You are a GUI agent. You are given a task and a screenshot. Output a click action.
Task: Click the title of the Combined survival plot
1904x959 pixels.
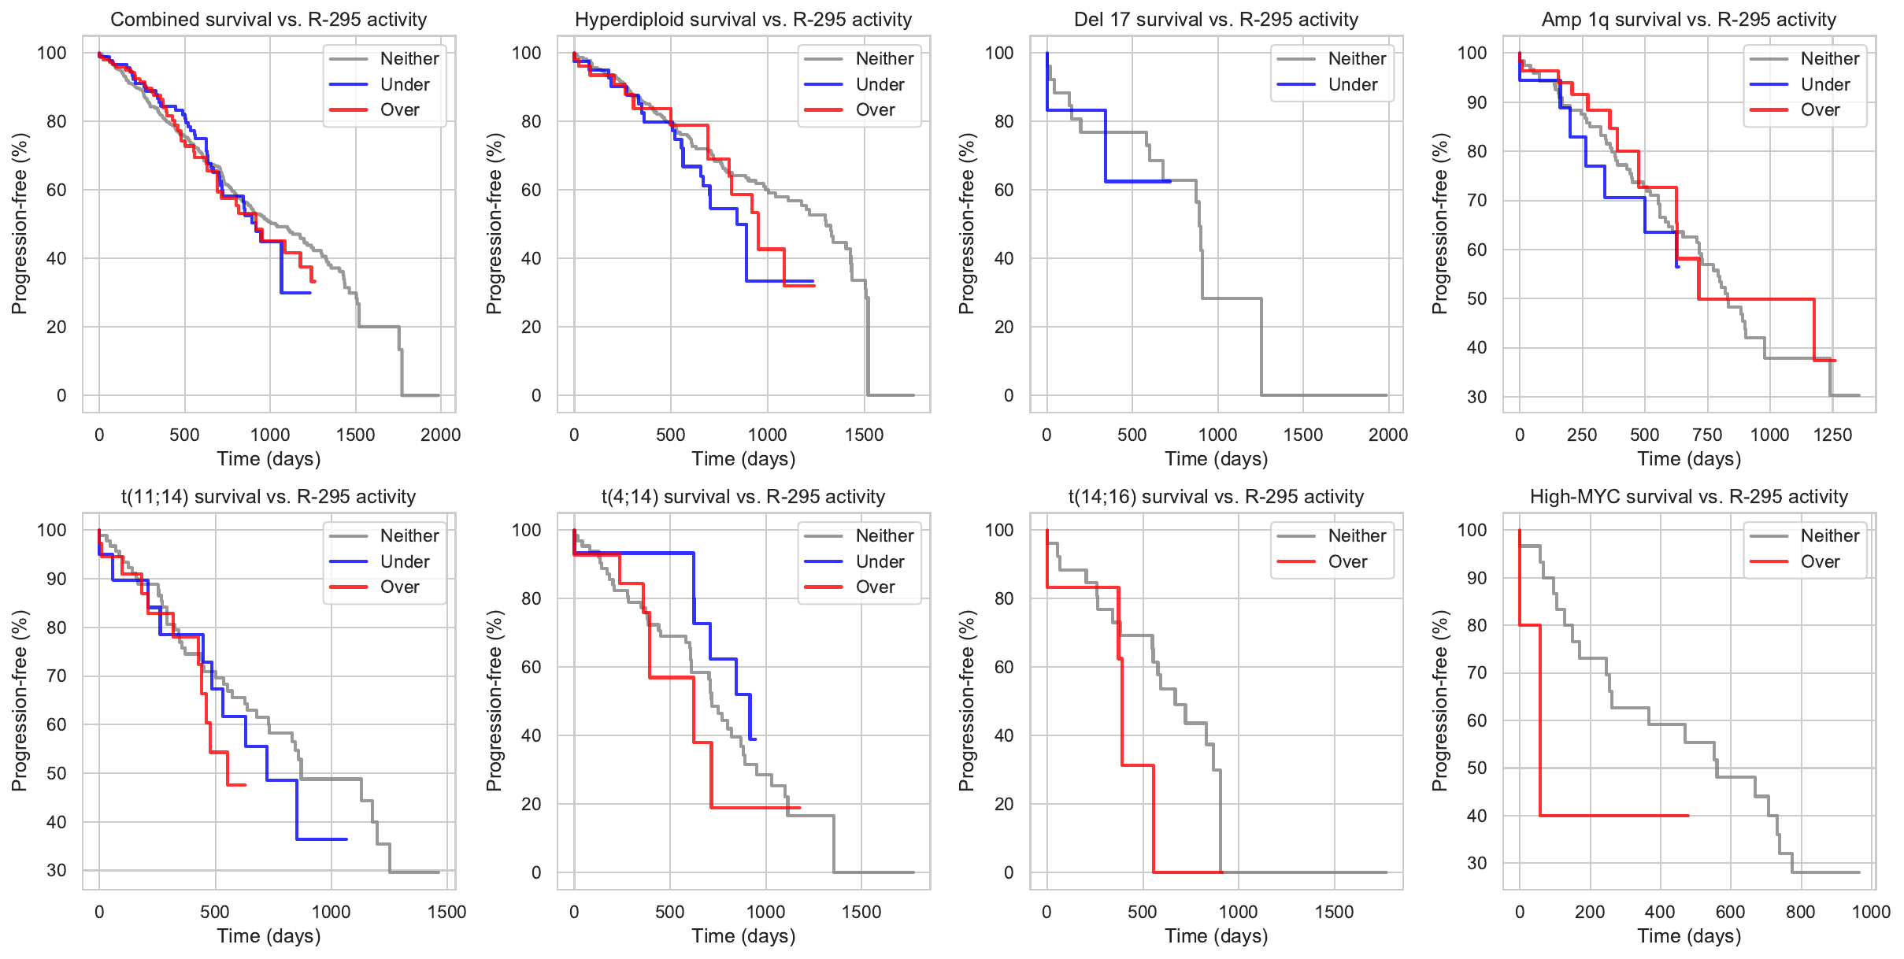coord(269,20)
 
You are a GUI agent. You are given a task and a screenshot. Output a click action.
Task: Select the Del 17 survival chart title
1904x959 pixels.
coord(1216,20)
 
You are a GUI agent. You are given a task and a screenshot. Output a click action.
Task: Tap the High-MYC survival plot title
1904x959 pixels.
coord(1688,497)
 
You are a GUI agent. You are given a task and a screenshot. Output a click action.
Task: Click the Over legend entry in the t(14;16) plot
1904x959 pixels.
coord(1347,562)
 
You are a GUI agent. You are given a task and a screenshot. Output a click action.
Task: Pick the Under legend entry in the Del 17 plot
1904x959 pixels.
coord(1352,85)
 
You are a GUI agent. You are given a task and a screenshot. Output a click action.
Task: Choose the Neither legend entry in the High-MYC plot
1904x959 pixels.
coord(1829,536)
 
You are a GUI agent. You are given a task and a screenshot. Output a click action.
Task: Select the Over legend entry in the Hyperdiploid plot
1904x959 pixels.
coord(875,110)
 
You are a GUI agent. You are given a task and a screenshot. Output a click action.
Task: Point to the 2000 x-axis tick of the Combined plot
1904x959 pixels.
coord(440,435)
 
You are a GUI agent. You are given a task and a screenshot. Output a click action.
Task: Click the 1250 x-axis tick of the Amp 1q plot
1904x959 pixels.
coord(1832,435)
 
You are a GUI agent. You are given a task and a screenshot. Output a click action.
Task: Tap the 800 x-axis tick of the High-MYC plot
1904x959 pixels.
coord(1800,912)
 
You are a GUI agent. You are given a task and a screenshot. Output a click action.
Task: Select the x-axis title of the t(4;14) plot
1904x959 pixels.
coord(743,936)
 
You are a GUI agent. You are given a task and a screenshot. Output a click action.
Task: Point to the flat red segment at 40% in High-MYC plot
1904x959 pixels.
coord(1614,816)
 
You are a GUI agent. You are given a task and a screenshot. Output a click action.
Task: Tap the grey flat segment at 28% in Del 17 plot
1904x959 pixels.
coord(1232,298)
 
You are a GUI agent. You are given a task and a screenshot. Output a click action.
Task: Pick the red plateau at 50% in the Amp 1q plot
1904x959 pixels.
coord(1756,299)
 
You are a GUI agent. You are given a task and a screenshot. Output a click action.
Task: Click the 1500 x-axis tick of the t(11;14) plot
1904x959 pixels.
coord(446,912)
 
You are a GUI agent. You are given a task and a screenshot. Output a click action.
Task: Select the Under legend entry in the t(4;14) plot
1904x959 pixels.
coord(880,562)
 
